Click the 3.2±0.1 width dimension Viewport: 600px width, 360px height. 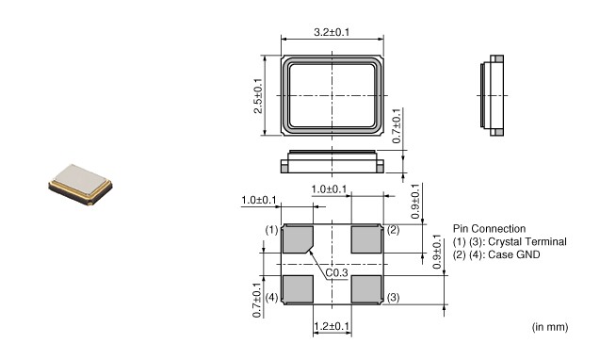(x=332, y=32)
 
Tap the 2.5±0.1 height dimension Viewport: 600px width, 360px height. (x=258, y=95)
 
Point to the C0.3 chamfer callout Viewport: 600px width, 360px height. (x=337, y=272)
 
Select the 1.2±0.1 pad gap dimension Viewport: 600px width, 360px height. (x=332, y=327)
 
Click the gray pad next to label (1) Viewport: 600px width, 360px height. (x=297, y=239)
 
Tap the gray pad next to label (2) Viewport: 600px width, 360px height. (x=366, y=239)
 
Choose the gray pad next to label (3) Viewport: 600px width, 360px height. (x=366, y=289)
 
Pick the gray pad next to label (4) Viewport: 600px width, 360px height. (x=298, y=289)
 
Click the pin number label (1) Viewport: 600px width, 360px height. (x=271, y=230)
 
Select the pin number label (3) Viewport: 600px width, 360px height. (x=394, y=298)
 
